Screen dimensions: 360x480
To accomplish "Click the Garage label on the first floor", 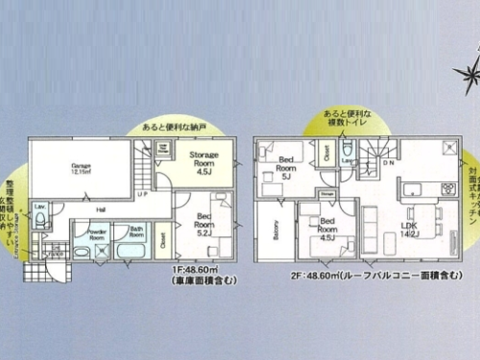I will [x=80, y=168].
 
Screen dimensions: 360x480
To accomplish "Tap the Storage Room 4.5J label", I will [x=204, y=160].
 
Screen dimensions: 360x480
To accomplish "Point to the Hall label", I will [x=100, y=208].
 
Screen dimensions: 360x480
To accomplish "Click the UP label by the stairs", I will [x=142, y=194].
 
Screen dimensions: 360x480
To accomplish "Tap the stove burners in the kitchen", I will [x=446, y=186].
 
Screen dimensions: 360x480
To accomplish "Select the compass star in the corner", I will [x=468, y=69].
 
